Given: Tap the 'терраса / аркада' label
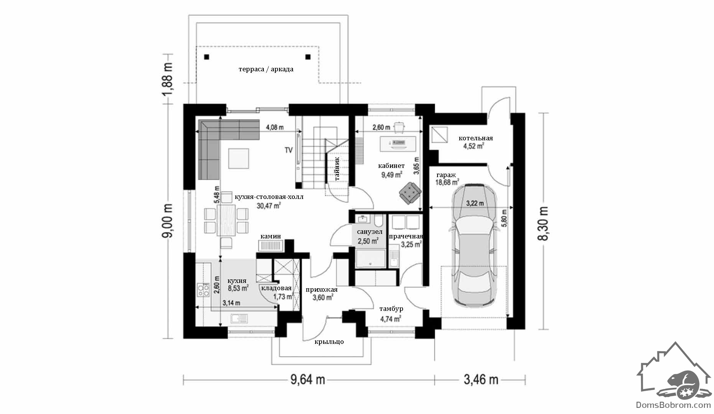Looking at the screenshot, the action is point(266,69).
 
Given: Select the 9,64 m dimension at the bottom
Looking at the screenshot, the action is point(308,379).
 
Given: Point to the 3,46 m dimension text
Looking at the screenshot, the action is point(481,379).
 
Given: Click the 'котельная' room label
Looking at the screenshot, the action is point(475,138).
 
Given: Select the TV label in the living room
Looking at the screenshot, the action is point(288,150).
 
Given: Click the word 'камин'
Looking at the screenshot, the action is point(271,236).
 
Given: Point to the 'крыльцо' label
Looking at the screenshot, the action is point(329,342).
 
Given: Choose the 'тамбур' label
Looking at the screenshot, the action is point(391,309).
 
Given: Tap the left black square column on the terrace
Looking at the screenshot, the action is point(207,57).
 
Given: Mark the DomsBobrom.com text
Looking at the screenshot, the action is point(674,405).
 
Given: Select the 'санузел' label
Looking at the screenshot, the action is point(370,232).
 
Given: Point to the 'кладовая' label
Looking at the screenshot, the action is point(276,288).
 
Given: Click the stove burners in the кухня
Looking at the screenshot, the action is point(203,290).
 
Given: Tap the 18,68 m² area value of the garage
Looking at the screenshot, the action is point(447,182).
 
